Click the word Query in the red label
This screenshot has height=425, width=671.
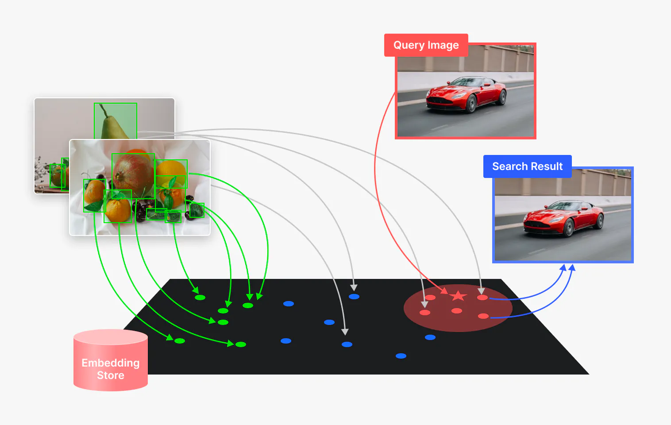pos(409,45)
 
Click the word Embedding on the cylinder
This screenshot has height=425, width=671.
pos(111,363)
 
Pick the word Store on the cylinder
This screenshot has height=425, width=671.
pos(111,375)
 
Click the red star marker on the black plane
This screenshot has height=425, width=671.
pos(458,296)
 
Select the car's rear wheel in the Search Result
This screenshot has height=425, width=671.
pos(600,221)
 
